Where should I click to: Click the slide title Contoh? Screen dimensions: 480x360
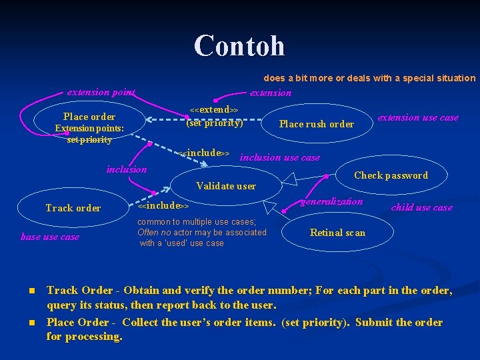[x=239, y=46]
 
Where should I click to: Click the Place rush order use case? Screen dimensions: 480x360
[x=316, y=124]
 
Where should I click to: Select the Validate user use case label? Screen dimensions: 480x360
[x=226, y=186]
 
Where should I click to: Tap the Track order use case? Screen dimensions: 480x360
[x=73, y=208]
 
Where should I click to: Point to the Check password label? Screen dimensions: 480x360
[x=391, y=175]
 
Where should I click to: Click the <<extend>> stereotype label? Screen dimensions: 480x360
[x=214, y=109]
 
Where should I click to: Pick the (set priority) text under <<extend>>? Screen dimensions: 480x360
[x=214, y=123]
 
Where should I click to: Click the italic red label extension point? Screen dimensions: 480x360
[x=101, y=92]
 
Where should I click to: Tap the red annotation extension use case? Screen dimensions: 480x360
[x=418, y=118]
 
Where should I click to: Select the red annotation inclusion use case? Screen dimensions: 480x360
[x=279, y=158]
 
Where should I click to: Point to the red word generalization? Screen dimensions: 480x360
[x=333, y=201]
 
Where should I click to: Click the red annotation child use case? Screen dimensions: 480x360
[x=421, y=207]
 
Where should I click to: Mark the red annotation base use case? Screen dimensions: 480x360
[x=50, y=237]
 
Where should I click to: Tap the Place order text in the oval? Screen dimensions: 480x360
[x=89, y=117]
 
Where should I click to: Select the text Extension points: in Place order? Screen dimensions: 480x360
[x=89, y=128]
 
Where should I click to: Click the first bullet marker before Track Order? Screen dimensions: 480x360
[x=31, y=291]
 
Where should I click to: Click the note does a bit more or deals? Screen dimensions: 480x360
[x=365, y=78]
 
